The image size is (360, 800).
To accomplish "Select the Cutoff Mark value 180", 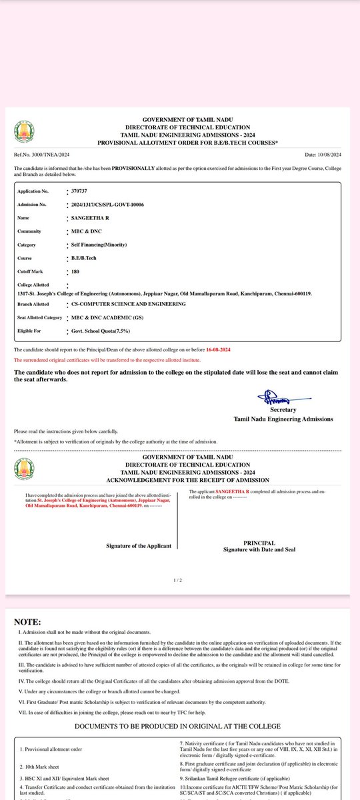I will click(75, 272).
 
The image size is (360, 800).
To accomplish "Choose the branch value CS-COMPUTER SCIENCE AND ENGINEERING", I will click(128, 303).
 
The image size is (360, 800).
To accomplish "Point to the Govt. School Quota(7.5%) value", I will click(101, 331).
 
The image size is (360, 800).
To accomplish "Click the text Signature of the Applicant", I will click(139, 546).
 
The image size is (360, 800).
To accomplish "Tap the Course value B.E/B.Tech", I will click(84, 259).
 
